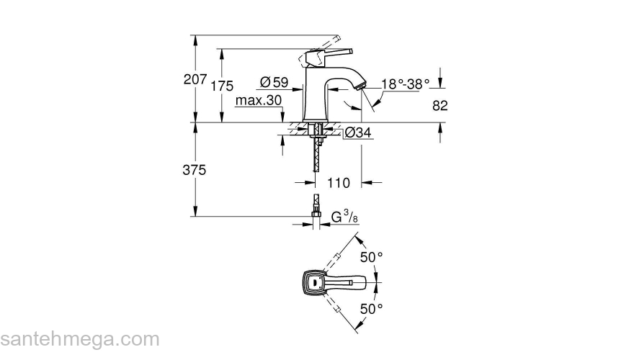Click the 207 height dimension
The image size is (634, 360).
coord(195,79)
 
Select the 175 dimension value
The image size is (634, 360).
coord(223,86)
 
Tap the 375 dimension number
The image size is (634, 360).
coord(195,170)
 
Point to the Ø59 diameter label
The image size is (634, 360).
coord(274,83)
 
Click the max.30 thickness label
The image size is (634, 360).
coord(258,101)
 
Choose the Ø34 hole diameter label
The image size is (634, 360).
coord(358,132)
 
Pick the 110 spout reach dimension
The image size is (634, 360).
coord(339,183)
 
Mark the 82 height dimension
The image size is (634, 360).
coord(440,105)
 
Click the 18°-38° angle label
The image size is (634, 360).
coord(405,84)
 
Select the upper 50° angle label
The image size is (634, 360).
coord(372,257)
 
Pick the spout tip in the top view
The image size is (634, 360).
coord(367,283)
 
